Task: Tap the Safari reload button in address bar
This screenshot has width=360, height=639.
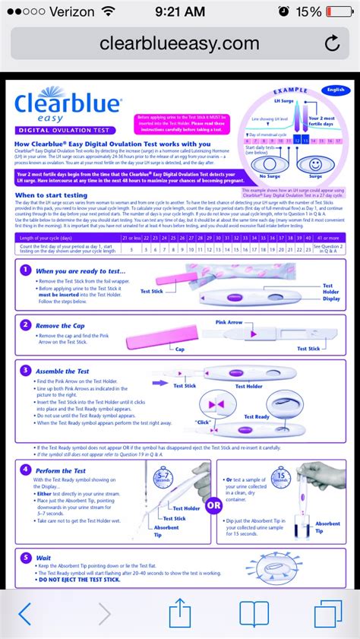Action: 332,44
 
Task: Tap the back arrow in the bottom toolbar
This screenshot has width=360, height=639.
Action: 25,613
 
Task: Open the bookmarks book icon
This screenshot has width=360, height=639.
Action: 254,613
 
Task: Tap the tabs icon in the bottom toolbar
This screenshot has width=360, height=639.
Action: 328,613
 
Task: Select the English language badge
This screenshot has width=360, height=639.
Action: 334,90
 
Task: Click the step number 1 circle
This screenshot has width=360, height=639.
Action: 26,270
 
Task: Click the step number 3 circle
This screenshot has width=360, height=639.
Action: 26,371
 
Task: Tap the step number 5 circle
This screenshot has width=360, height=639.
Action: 26,557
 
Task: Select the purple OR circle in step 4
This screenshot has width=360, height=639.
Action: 213,504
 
